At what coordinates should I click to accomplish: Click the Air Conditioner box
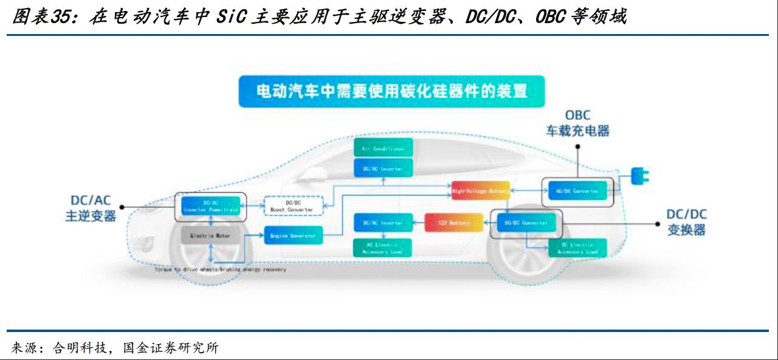[x=383, y=148]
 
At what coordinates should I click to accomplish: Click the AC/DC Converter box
[x=577, y=191]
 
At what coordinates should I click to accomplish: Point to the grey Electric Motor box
[x=210, y=235]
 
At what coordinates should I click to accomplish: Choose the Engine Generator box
[x=293, y=235]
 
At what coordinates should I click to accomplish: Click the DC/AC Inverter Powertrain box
[x=210, y=206]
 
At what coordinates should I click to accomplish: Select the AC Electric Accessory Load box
[x=383, y=247]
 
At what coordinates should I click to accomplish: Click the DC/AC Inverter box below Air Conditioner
[x=383, y=168]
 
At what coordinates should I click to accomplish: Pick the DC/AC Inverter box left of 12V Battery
[x=383, y=223]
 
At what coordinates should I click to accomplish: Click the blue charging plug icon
[x=639, y=176]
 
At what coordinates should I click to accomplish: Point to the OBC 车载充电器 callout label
[x=577, y=123]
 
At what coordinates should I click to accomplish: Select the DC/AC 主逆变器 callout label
[x=91, y=208]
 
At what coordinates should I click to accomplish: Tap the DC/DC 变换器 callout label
[x=687, y=223]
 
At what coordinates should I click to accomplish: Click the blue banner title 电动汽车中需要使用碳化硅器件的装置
[x=391, y=92]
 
